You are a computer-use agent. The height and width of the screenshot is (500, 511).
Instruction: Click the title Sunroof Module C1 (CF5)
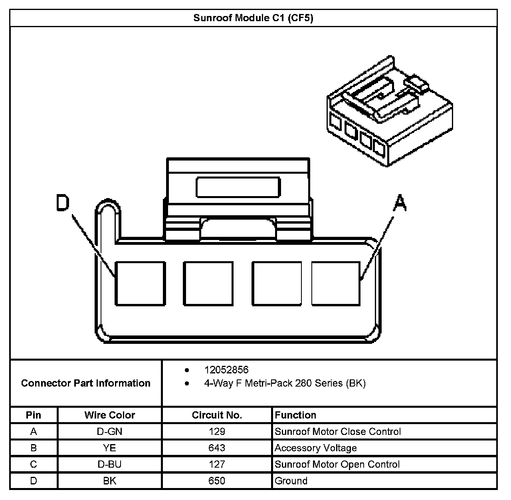[253, 18]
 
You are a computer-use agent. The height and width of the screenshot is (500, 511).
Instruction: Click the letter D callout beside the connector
[62, 202]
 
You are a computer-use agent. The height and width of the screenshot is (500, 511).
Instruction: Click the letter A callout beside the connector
[400, 202]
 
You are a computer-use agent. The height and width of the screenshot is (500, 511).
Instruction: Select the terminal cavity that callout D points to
[140, 284]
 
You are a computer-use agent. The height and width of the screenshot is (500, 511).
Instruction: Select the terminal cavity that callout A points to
[336, 283]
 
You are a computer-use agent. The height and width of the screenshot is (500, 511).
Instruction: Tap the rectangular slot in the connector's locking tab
[238, 187]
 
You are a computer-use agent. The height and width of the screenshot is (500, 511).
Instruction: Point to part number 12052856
[226, 370]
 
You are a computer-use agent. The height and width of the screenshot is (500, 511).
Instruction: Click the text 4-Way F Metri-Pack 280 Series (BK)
[285, 383]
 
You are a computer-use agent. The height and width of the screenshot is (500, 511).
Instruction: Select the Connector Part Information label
[86, 383]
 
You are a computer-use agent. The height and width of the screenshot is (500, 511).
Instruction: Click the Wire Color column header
[110, 415]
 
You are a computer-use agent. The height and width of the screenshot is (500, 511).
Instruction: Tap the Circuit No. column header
[217, 415]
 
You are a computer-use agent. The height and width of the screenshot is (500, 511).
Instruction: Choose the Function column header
[295, 415]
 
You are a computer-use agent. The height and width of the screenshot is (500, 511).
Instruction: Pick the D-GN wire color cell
[110, 432]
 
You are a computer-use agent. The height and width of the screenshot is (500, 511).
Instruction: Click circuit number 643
[217, 448]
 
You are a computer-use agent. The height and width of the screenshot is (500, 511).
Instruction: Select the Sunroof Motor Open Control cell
[337, 464]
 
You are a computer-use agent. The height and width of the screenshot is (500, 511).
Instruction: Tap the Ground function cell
[291, 481]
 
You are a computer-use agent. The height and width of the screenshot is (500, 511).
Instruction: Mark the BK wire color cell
[110, 481]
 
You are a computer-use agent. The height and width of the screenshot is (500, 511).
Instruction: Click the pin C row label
[34, 464]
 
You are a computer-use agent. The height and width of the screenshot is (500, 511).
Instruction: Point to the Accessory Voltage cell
[315, 448]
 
